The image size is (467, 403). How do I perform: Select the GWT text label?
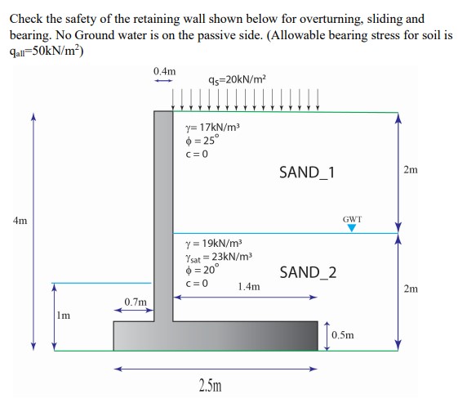coord(353,219)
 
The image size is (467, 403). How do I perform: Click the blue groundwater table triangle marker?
coord(353,229)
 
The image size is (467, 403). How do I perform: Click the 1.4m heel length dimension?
coord(249,287)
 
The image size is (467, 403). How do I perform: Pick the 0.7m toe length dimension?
coord(135,302)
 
